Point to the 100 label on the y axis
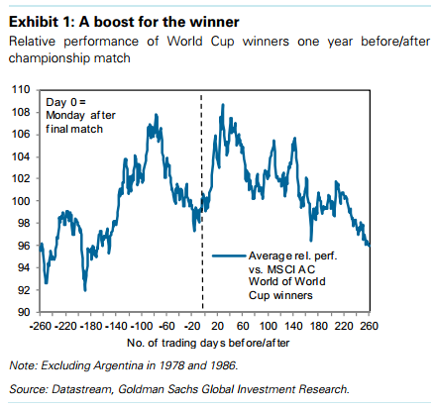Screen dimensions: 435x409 21,201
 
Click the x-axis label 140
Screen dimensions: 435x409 293,326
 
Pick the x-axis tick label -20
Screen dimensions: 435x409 192,326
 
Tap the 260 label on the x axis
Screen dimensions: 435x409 369,326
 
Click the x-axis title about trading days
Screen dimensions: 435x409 208,343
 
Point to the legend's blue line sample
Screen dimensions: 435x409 229,256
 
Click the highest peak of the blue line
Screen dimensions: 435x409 223,105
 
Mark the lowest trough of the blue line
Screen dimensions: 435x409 85,290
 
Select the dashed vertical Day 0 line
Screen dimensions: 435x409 202,202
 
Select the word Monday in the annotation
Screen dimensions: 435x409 65,116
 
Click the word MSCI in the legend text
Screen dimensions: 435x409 281,269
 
